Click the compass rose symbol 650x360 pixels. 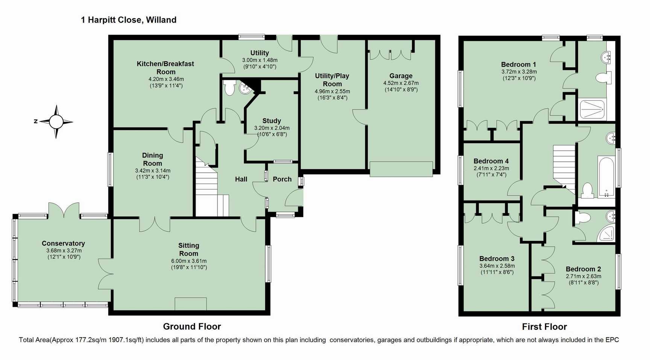(56, 122)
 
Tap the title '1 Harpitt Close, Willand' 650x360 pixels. (129, 20)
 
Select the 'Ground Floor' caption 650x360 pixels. (192, 327)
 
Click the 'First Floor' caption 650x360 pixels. (544, 327)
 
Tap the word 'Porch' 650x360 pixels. (282, 179)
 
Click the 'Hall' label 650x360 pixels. (241, 179)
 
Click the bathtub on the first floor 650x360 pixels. (606, 177)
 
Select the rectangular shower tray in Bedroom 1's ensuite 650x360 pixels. (592, 109)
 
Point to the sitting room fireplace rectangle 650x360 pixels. (191, 304)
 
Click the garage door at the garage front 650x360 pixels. (401, 169)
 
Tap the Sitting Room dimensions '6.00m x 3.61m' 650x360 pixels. (189, 261)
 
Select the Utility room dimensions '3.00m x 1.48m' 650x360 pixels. (260, 60)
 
